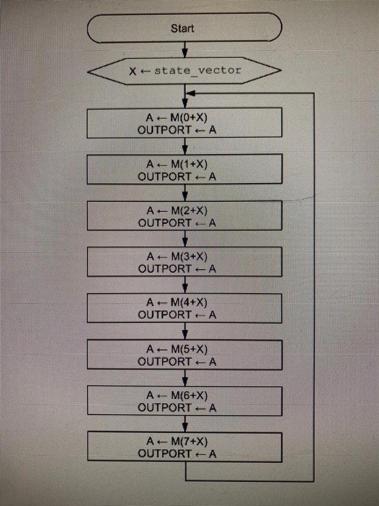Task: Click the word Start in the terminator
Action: point(182,28)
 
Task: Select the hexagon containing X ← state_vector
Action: point(185,71)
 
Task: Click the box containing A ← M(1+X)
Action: point(185,169)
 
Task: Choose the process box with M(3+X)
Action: point(185,262)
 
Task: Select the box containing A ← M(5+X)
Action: point(185,355)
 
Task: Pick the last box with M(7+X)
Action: point(185,447)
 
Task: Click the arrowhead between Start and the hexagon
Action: point(185,52)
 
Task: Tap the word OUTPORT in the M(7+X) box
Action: point(164,454)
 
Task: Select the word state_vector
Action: point(198,71)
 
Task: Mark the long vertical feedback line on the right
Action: point(315,285)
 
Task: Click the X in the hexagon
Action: point(133,71)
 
